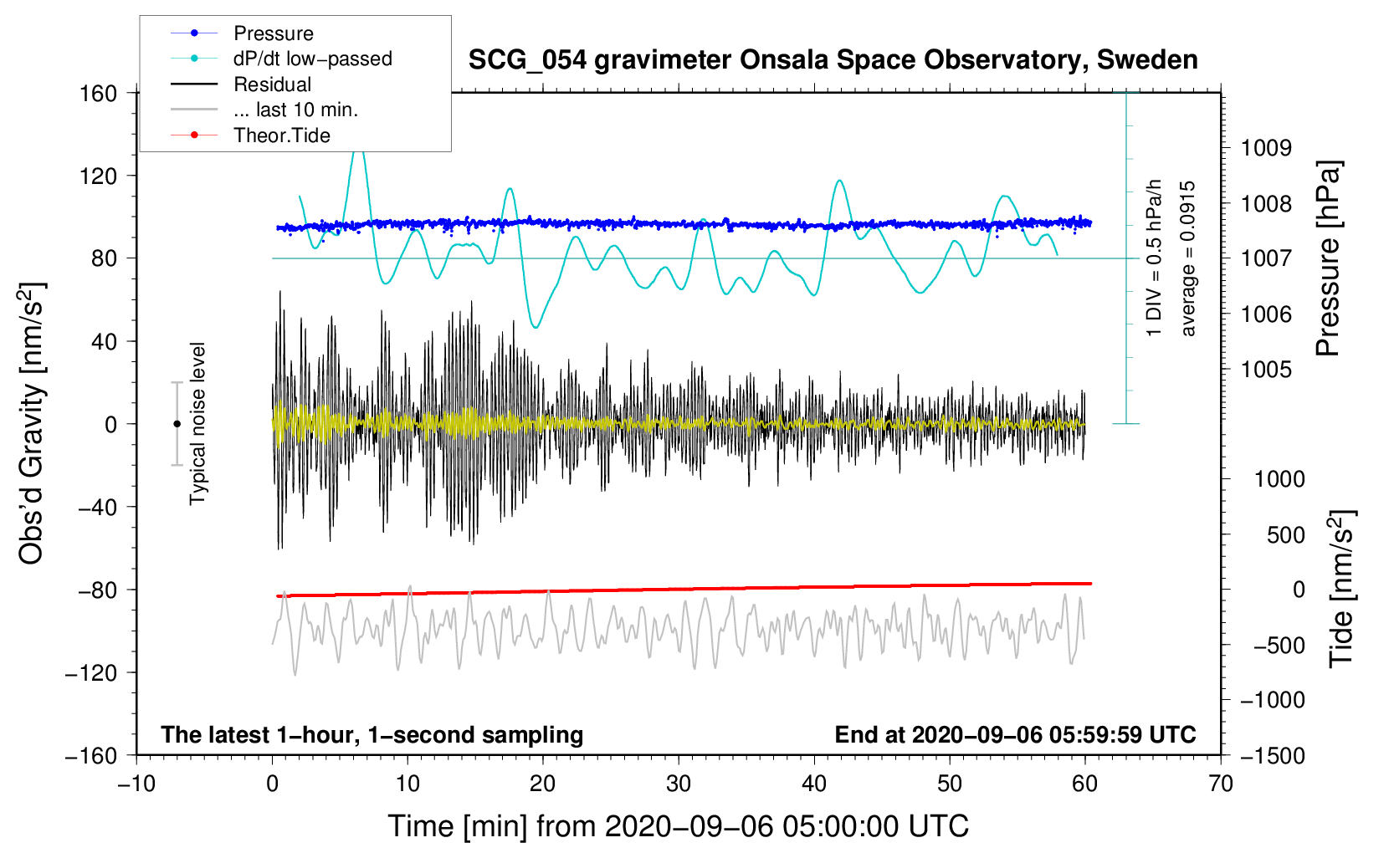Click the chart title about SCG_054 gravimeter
[833, 60]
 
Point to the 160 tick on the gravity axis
[98, 93]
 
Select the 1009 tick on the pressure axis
[1266, 148]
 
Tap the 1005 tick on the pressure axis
[1266, 370]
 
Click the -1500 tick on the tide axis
[1273, 755]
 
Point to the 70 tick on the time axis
[1221, 784]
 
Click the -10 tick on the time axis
[136, 784]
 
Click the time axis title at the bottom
[678, 826]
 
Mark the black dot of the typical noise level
[177, 424]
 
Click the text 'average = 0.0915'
[1188, 258]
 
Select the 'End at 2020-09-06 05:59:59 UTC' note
[1015, 735]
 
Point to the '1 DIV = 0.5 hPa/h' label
[1155, 258]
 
